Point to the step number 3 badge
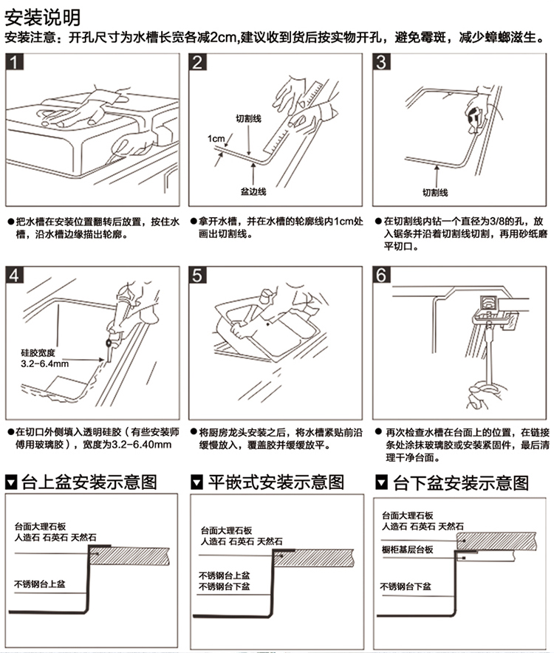point(380,62)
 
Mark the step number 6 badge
point(380,276)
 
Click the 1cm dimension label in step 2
point(216,138)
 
